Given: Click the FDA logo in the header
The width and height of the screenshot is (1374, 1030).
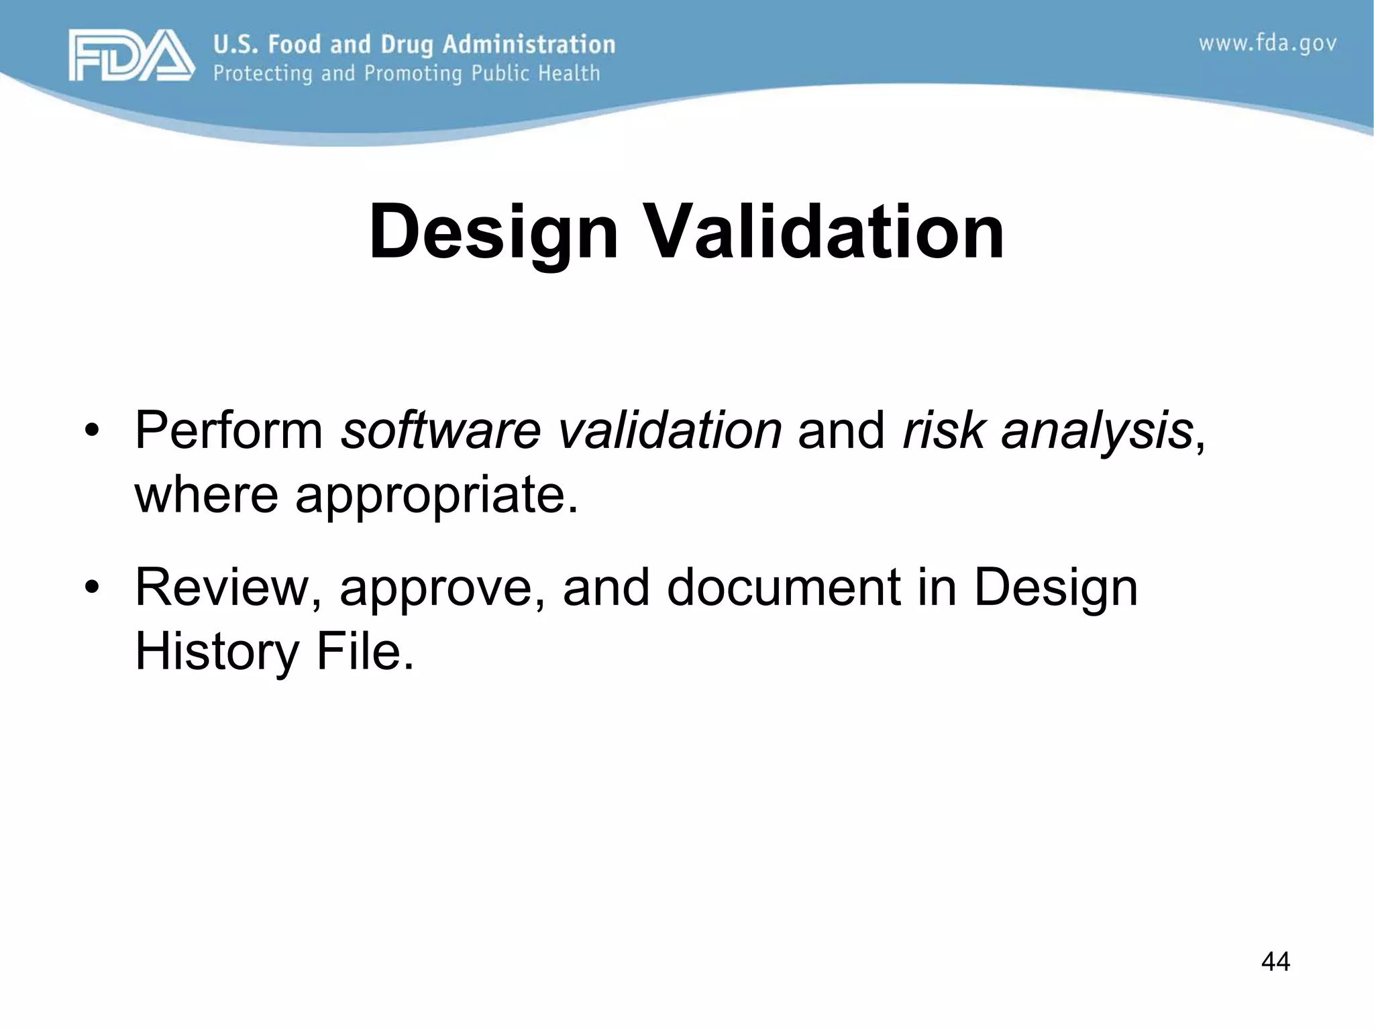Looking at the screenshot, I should point(131,55).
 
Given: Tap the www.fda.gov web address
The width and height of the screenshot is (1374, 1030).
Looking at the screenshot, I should point(1267,44).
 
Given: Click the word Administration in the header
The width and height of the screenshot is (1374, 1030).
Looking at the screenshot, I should point(529,44).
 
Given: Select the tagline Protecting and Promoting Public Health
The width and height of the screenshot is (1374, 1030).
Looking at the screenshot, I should point(407,73).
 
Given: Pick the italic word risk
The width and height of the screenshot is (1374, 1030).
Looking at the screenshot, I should point(943,429).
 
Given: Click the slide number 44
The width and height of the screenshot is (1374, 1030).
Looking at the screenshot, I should point(1275,962).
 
